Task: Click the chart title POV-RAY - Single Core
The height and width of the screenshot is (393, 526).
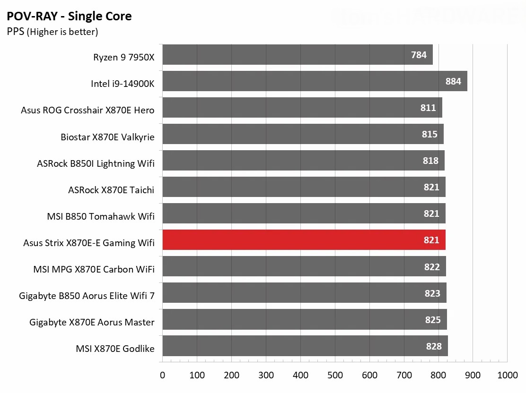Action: (69, 17)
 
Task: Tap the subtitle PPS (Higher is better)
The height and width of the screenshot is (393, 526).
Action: (53, 32)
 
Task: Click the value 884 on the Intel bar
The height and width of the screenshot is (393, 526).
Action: (453, 81)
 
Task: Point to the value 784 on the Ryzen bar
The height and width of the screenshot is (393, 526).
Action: (419, 55)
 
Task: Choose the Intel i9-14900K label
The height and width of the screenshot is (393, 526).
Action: (123, 84)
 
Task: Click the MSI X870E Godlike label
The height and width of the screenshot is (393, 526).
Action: (115, 349)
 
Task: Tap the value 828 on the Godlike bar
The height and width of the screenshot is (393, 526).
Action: (433, 346)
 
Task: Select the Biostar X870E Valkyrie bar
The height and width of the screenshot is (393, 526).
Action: (303, 134)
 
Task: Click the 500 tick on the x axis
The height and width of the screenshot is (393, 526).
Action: (335, 375)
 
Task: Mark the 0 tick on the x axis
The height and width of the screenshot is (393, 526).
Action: (163, 375)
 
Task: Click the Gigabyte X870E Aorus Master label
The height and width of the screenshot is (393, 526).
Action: (92, 322)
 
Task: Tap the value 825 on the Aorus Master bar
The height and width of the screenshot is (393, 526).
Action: (432, 320)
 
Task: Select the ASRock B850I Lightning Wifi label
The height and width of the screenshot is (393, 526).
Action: (96, 163)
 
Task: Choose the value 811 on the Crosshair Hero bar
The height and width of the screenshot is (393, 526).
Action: (428, 108)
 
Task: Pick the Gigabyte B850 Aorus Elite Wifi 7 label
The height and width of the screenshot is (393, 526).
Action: (87, 296)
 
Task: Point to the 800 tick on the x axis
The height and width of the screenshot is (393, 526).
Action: (438, 375)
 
